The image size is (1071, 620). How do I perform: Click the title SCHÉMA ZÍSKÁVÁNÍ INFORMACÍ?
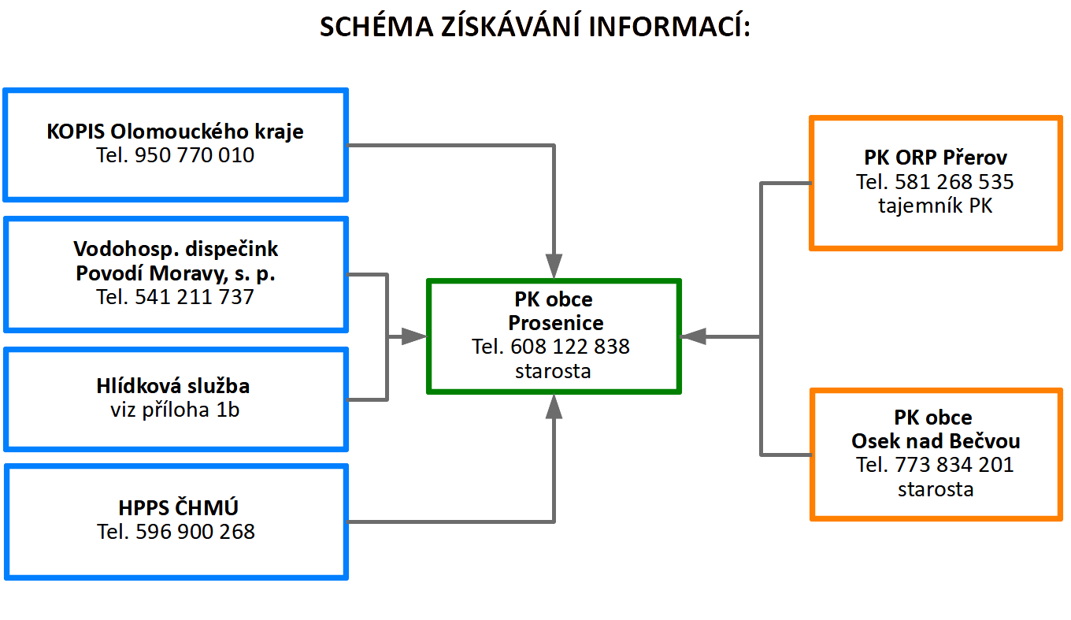click(535, 27)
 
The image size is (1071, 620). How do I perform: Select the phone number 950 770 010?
click(195, 155)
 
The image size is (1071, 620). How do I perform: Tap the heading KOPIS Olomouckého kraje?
click(175, 131)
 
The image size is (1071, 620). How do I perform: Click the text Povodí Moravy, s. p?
click(175, 273)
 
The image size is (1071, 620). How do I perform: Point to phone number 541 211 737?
click(195, 297)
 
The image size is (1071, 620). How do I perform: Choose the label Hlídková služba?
click(175, 386)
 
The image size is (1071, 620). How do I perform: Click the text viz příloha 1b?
click(175, 410)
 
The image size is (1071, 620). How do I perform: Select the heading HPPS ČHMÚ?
click(175, 507)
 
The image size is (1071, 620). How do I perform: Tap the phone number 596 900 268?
click(195, 532)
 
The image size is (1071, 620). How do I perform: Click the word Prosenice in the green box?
click(555, 323)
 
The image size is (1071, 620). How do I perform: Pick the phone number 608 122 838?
click(570, 347)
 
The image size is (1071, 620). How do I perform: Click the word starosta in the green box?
click(553, 370)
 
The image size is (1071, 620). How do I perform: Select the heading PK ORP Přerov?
click(936, 157)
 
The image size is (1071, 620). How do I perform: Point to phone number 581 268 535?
click(954, 182)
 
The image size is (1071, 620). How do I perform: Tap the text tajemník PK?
click(936, 206)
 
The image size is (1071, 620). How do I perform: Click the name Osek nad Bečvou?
click(936, 441)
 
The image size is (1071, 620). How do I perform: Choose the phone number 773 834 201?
click(954, 465)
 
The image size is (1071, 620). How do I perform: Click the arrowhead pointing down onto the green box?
click(554, 265)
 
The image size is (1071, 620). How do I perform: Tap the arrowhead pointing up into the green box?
click(554, 407)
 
